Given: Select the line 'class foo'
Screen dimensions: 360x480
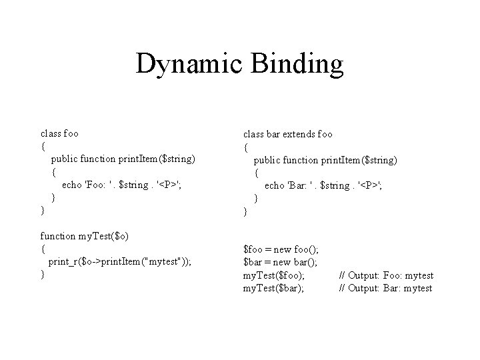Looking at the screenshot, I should [60, 133].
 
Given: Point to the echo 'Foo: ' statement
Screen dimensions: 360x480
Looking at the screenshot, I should [121, 185].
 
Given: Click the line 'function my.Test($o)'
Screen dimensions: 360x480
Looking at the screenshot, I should [85, 235].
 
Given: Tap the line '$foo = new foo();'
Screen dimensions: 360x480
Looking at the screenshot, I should [281, 249].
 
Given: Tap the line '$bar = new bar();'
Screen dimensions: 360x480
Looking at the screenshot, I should [280, 262].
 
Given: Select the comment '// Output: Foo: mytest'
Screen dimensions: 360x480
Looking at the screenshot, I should [386, 275].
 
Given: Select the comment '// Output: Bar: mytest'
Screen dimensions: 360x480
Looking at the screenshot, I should [386, 288].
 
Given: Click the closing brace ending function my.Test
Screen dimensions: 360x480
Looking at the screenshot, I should [43, 274].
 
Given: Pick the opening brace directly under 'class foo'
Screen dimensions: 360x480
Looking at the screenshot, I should [43, 146].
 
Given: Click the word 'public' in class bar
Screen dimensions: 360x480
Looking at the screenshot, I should [268, 161].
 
